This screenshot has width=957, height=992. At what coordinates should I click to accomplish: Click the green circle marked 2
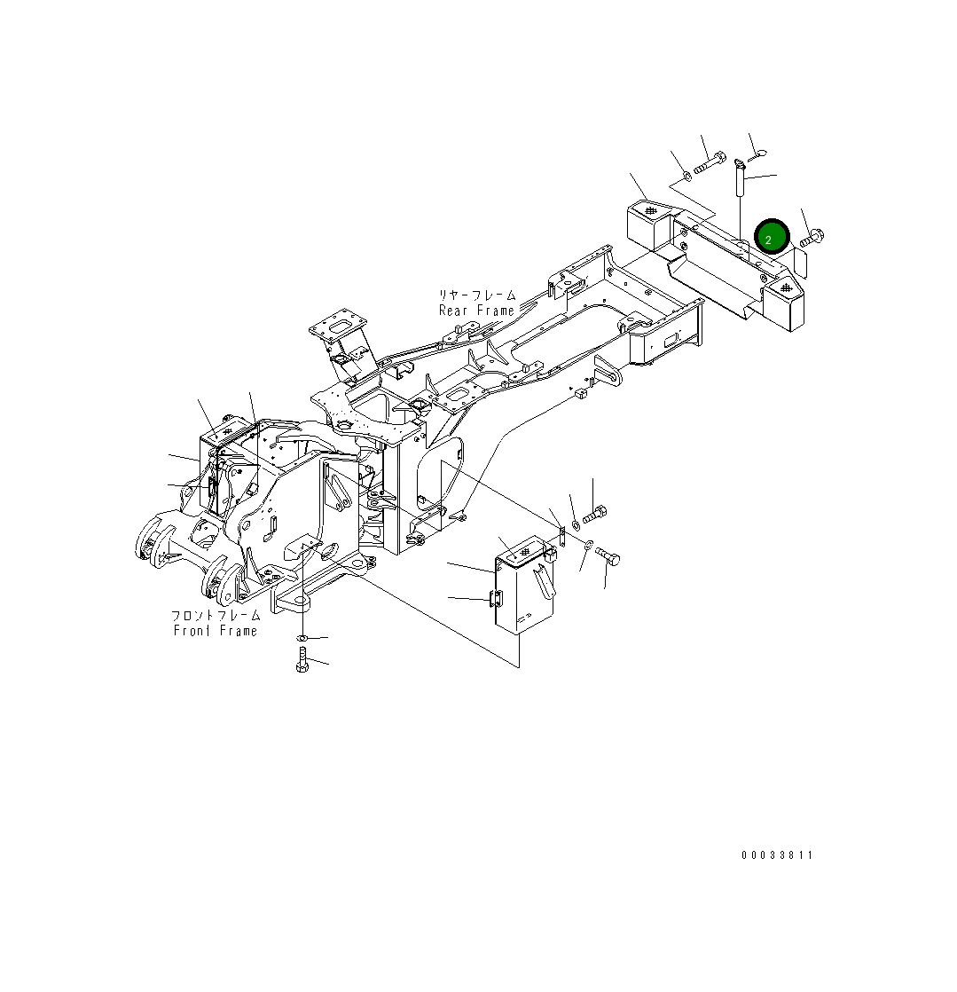(x=771, y=238)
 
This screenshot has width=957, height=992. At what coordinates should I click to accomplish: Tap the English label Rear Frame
(x=476, y=311)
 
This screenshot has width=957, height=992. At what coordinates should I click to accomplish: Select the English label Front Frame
(x=215, y=631)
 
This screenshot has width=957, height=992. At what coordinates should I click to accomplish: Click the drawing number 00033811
(x=777, y=855)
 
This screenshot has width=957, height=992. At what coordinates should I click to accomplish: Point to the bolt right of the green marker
(x=812, y=238)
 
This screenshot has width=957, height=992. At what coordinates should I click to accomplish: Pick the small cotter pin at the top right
(x=760, y=157)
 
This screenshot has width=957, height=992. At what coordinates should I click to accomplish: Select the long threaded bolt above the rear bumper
(x=708, y=165)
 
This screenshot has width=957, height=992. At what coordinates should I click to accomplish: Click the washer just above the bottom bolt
(x=302, y=638)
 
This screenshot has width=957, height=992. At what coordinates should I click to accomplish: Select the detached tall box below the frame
(x=524, y=586)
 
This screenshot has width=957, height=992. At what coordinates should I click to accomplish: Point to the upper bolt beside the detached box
(x=596, y=514)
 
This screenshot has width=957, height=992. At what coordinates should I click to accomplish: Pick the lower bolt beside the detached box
(x=608, y=556)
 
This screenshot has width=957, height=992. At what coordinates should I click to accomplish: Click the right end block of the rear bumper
(x=783, y=300)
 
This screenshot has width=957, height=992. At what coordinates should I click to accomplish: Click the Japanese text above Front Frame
(x=216, y=615)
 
